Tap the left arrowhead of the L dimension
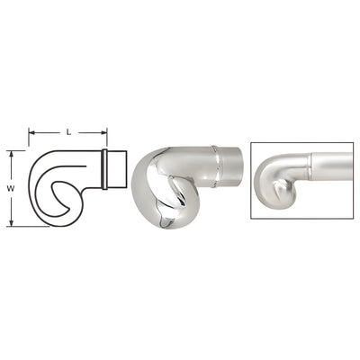(x=32, y=134)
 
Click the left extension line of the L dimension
(x=30, y=142)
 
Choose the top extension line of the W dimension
(x=22, y=151)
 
